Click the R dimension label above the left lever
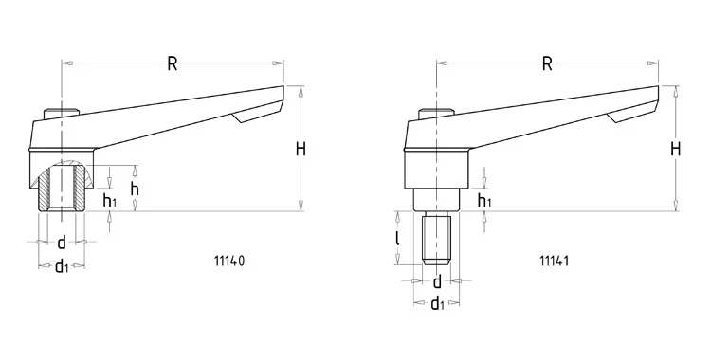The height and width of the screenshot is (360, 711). pyautogui.click(x=173, y=63)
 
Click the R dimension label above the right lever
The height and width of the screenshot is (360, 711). pyautogui.click(x=547, y=63)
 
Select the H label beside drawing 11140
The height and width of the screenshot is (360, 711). pyautogui.click(x=301, y=149)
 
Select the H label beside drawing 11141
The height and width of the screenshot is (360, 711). pyautogui.click(x=676, y=149)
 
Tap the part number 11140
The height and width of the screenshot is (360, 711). pyautogui.click(x=229, y=261)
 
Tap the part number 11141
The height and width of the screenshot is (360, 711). pyautogui.click(x=555, y=261)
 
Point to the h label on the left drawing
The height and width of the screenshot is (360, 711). pyautogui.click(x=135, y=189)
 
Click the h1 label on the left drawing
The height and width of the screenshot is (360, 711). pyautogui.click(x=109, y=200)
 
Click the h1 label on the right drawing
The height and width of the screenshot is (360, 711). pyautogui.click(x=484, y=200)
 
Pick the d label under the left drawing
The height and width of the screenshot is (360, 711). pyautogui.click(x=62, y=243)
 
